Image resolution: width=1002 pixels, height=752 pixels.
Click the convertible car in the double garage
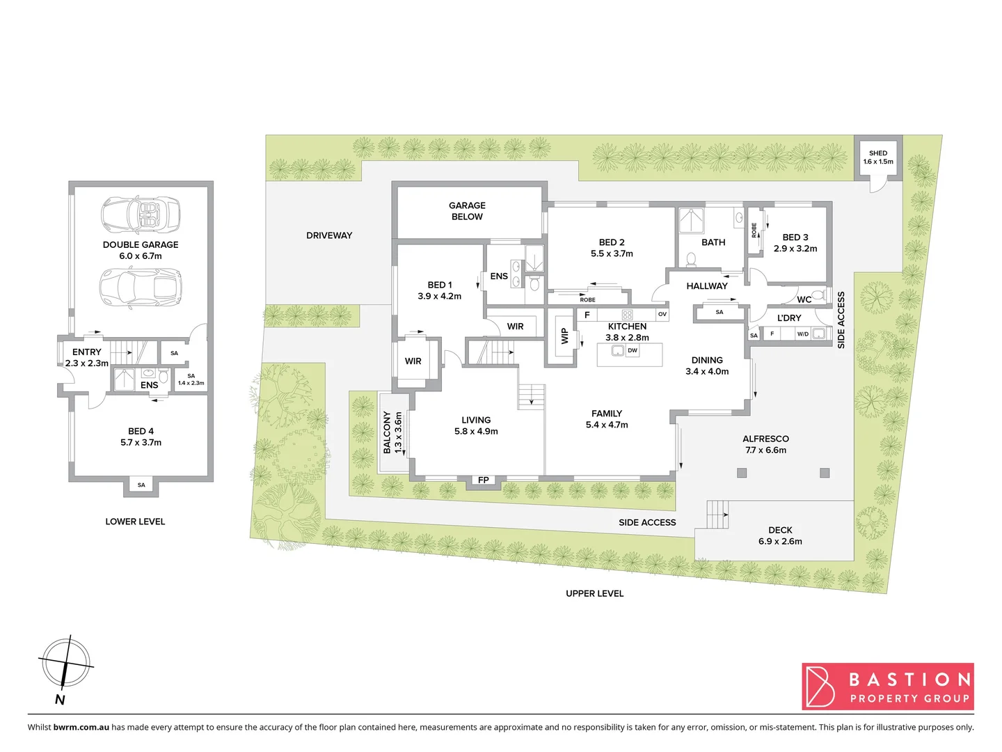pos(141,214)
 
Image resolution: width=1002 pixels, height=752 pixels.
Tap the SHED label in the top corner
pos(878,153)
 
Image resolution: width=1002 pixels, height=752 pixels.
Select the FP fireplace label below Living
pos(484,480)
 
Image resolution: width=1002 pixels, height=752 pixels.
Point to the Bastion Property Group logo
pos(888,687)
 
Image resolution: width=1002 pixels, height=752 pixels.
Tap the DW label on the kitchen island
pos(632,351)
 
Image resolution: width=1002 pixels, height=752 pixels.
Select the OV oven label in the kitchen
pos(662,315)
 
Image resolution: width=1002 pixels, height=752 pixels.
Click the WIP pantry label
pos(565,336)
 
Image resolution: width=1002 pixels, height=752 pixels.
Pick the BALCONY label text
pos(387,432)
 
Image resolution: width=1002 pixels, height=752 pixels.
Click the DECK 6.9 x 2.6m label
pos(780,535)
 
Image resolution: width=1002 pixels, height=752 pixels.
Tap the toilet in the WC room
pos(819,296)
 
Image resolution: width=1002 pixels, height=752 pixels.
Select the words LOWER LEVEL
pos(135,522)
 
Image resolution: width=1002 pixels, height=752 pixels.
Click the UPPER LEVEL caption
pos(594,593)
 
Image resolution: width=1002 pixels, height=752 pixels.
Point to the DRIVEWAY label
pos(329,235)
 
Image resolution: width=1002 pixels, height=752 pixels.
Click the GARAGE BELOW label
pos(467,211)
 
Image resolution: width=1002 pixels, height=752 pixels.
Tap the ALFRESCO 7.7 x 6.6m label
pos(765,444)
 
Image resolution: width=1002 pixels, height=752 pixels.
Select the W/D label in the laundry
pos(802,334)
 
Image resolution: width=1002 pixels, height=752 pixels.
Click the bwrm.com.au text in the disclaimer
pos(81,727)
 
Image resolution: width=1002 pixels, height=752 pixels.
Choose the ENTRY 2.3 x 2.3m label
pos(87,357)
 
